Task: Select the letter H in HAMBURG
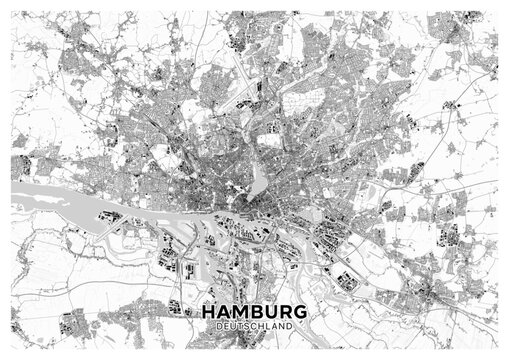point(209,311)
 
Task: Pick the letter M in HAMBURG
point(241,311)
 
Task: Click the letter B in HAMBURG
point(257,311)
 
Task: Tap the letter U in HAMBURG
point(271,311)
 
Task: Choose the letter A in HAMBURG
point(224,311)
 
